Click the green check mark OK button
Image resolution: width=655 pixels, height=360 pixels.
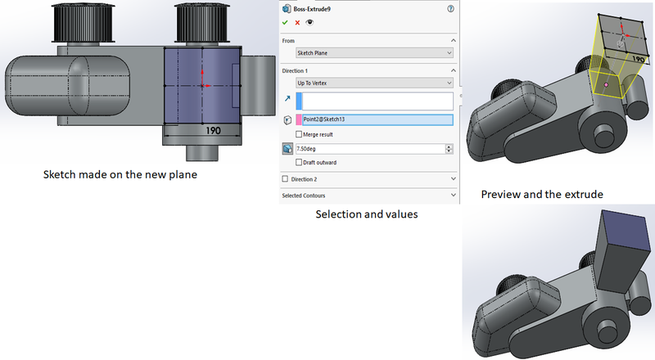pos(285,24)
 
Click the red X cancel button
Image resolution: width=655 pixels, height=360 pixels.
pos(297,24)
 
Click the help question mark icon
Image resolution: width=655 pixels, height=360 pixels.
pos(450,8)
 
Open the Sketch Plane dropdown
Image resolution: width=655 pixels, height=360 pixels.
pos(374,53)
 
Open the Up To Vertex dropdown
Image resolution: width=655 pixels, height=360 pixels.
pos(374,83)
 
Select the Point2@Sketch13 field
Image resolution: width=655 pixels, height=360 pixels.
pos(377,119)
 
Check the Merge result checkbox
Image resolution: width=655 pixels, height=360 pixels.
pos(300,134)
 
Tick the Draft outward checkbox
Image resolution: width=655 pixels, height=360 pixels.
pos(300,163)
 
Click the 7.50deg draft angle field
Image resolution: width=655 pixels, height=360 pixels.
pos(368,149)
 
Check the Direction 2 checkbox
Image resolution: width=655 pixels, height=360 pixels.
pos(285,178)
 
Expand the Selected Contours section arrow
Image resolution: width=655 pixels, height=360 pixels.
pos(453,196)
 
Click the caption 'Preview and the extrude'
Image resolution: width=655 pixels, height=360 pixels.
pos(542,195)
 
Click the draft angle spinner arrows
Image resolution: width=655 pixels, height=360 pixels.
pos(449,149)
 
